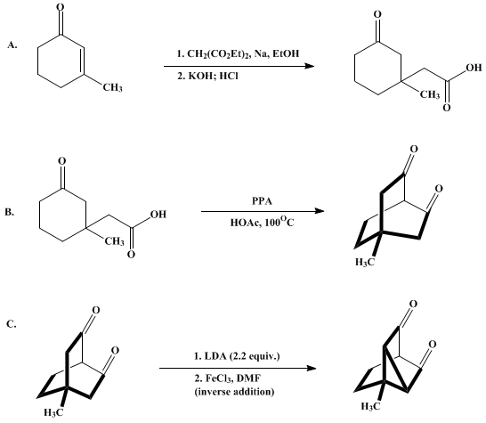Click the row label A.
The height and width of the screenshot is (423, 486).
(x=12, y=45)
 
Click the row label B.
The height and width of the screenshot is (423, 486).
(x=9, y=212)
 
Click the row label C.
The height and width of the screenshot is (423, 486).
(x=12, y=324)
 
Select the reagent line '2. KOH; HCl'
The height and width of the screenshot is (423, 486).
(x=207, y=76)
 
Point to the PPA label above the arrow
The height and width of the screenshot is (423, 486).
(x=262, y=201)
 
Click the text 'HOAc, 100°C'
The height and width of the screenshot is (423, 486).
(x=262, y=222)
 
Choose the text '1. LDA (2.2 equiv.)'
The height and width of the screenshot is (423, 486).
(x=237, y=356)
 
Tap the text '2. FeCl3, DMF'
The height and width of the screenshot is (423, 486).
(x=228, y=378)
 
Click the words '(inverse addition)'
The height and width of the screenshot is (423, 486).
(x=234, y=392)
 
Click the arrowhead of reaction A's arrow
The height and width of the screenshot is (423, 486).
(x=310, y=66)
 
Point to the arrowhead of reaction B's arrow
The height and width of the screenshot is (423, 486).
(x=320, y=211)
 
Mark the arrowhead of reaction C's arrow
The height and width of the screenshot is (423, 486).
(x=312, y=368)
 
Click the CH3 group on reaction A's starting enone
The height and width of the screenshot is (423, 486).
(x=113, y=88)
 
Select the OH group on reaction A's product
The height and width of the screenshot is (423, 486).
(x=474, y=68)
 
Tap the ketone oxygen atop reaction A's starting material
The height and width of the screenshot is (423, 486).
(x=61, y=7)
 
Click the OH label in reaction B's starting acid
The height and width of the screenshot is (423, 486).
(x=158, y=215)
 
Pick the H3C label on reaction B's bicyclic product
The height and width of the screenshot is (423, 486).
(x=365, y=262)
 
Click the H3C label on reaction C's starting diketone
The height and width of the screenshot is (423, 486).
(x=53, y=412)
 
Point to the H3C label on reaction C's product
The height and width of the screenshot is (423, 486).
(x=370, y=406)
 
